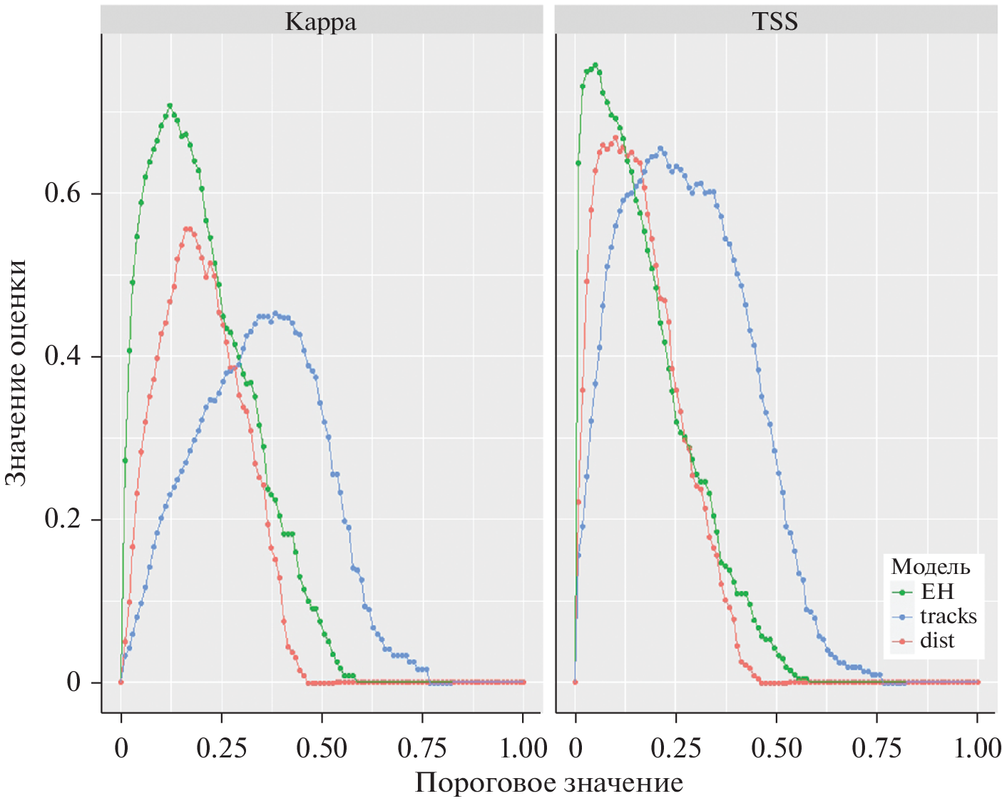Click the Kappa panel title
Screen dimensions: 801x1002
321,21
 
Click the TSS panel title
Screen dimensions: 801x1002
775,21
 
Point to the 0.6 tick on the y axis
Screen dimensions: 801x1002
63,193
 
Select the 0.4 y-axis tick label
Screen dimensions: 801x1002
63,356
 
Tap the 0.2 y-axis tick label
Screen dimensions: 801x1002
63,519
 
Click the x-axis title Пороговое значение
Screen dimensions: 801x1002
549,783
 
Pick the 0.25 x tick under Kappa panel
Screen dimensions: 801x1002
222,748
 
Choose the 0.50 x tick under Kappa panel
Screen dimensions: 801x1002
322,748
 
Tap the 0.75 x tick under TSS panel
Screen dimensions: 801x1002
877,748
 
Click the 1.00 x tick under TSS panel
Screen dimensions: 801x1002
978,748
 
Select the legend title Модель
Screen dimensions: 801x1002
931,567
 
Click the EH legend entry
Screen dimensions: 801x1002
937,592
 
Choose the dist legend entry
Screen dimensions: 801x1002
937,641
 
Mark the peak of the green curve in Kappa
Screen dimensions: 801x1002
170,106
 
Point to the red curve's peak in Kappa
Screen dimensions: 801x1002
188,229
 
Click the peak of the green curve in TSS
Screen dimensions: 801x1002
595,65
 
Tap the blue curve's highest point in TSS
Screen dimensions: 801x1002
660,148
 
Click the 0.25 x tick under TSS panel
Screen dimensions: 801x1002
676,748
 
